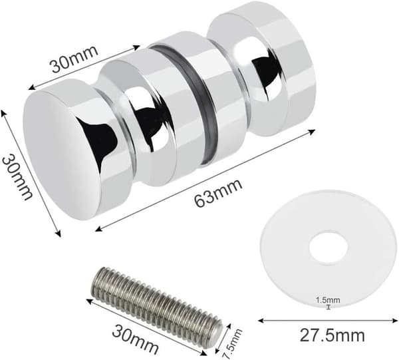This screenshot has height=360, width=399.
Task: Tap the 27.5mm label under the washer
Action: pos(332,335)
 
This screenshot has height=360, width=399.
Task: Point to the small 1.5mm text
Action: pos(328,300)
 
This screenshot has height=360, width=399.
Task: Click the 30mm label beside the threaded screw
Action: pos(135,338)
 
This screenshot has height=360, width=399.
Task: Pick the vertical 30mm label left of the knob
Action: pos(17,177)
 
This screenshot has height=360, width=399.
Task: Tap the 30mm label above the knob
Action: pos(74,59)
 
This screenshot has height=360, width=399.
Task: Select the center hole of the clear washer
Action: pos(329,247)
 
